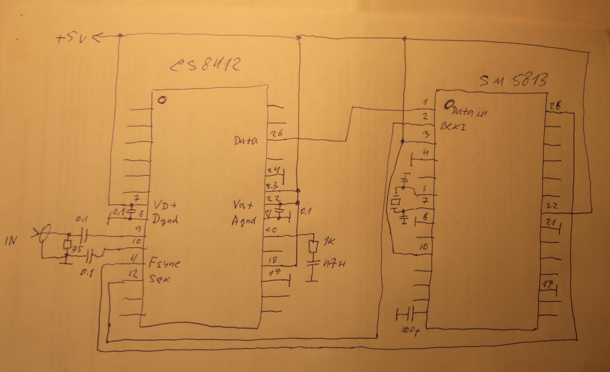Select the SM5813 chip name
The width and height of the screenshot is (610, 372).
tap(513, 80)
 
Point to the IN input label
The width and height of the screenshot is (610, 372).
tap(11, 240)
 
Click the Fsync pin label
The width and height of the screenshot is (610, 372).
tap(164, 264)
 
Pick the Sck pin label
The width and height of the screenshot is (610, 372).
tap(160, 279)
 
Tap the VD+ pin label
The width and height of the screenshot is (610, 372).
tap(165, 205)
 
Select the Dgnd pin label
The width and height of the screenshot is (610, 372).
tap(165, 220)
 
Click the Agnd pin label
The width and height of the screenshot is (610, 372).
tap(244, 220)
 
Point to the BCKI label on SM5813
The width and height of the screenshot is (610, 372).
tap(453, 126)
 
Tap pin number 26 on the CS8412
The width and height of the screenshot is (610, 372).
tap(277, 134)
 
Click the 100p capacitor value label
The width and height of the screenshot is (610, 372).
tap(410, 331)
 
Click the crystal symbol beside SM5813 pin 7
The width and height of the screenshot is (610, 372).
tap(395, 202)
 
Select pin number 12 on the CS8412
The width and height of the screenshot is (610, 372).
tap(133, 274)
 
